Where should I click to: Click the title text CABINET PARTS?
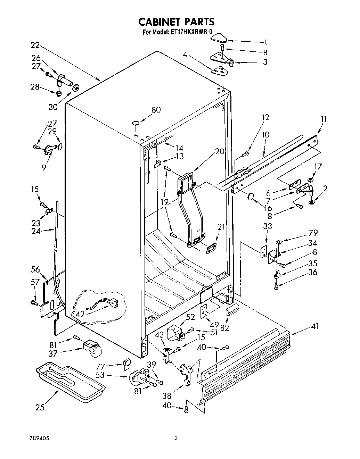point(177,22)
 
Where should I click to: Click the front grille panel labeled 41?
point(243,365)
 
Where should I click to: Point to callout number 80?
point(156,110)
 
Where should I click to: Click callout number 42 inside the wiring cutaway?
point(80,314)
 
